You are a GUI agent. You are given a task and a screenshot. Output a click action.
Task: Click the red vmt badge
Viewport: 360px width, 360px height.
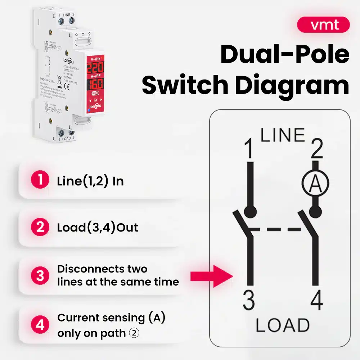coord(323,25)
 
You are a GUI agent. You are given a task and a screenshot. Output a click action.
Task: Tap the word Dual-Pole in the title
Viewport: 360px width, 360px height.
coord(285,55)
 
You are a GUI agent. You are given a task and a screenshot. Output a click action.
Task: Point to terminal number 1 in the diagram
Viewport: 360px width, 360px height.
coord(248,150)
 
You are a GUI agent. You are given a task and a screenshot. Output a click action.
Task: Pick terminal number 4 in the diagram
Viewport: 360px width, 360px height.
coord(316,301)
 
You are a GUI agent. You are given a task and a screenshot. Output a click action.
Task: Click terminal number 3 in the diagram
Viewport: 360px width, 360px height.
coord(249,301)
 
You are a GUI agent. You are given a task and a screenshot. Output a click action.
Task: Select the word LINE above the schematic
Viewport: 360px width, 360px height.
coord(283,135)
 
